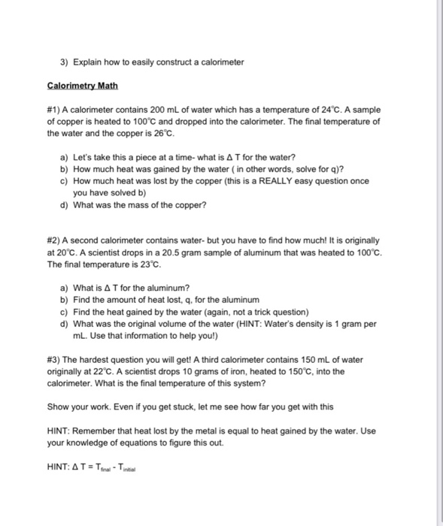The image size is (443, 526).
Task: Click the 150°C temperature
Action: point(283,370)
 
